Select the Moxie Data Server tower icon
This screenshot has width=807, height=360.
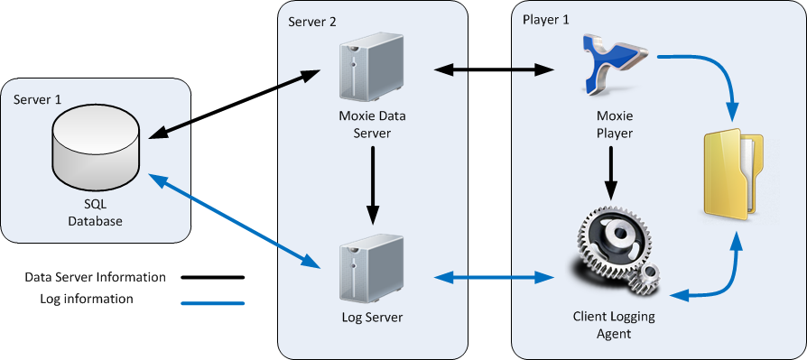[x=369, y=72]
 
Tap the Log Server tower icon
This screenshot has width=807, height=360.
[x=369, y=271]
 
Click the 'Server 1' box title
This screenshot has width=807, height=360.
[x=38, y=98]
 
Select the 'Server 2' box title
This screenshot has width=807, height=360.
[x=311, y=22]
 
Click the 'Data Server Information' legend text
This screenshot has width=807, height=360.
[x=95, y=277]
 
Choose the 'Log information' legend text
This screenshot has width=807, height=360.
[x=87, y=299]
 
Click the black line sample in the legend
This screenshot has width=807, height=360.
[x=212, y=279]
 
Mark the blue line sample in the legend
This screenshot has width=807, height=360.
[x=212, y=302]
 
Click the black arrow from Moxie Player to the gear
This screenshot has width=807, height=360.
[x=612, y=172]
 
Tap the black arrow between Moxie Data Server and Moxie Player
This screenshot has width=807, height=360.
[x=493, y=68]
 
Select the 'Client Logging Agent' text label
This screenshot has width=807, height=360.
[x=615, y=325]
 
